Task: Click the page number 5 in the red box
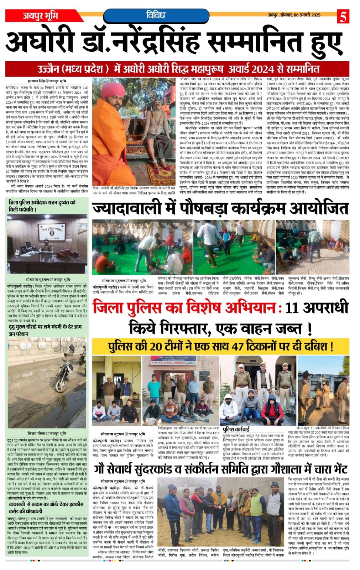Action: [x=344, y=16]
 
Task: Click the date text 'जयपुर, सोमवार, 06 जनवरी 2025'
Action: [x=294, y=15]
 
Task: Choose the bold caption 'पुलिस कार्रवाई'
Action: [x=236, y=429]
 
